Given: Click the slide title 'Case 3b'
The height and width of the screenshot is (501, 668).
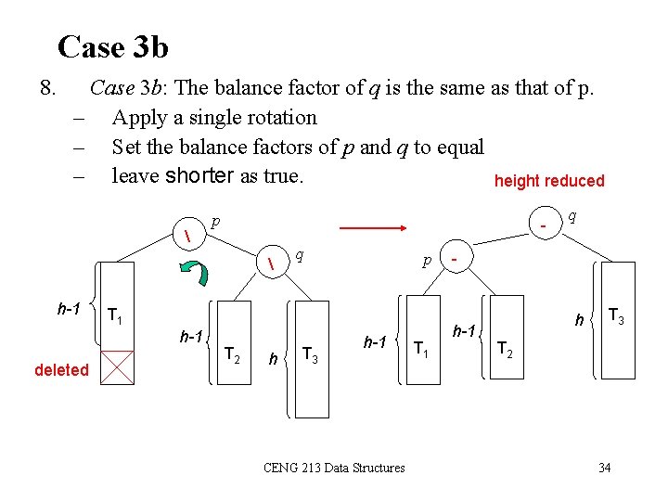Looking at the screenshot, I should (x=112, y=46).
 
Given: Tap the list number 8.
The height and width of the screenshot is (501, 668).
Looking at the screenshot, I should (x=50, y=88).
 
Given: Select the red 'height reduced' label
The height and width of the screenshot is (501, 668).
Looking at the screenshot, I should (x=549, y=181).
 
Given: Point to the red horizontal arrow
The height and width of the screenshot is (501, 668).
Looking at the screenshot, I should (x=375, y=226).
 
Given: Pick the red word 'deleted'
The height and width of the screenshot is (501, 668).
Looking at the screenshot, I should (x=61, y=370).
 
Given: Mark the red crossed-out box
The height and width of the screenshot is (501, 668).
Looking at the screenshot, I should (x=118, y=366).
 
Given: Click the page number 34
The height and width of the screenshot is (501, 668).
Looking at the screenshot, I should (x=604, y=468).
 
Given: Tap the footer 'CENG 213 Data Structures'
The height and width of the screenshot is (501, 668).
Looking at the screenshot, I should (x=334, y=468).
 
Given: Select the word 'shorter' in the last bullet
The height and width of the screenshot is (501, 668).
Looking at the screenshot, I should (x=199, y=176).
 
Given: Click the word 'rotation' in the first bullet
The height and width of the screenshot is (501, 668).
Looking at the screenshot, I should (x=279, y=118).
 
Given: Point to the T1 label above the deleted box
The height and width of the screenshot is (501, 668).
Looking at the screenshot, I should (x=115, y=315).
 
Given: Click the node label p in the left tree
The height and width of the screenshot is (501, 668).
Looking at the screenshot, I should (x=215, y=222).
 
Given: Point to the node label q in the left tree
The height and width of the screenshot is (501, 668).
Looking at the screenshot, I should (x=302, y=253).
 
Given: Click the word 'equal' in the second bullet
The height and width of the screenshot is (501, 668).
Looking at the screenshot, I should (x=461, y=148).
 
